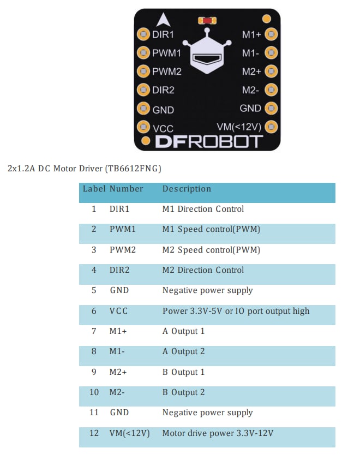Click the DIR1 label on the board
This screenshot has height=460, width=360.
(163, 34)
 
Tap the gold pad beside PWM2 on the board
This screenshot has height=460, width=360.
(143, 71)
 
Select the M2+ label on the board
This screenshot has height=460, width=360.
(251, 71)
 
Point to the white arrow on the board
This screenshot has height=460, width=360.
(161, 20)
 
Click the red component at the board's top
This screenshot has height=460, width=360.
(207, 20)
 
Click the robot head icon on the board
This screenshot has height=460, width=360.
(208, 57)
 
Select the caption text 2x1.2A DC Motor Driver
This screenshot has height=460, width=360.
(84, 169)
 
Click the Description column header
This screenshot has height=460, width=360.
(187, 189)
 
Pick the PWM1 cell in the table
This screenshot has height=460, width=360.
(122, 229)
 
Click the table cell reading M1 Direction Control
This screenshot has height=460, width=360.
(203, 209)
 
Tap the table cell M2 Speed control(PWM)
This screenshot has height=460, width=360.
(211, 250)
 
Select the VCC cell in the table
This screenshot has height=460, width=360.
(118, 311)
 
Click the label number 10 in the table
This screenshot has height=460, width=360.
(94, 392)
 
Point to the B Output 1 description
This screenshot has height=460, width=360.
(183, 372)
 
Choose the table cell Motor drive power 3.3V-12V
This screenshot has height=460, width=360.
(218, 433)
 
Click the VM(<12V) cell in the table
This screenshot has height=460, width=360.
(129, 433)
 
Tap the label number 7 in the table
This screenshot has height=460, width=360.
(94, 331)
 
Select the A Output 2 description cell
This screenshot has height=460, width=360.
(183, 351)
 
